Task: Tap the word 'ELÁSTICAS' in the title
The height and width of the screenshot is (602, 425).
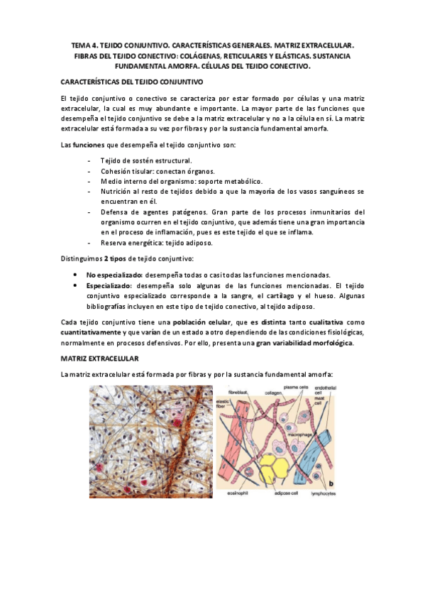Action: pos(299,55)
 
